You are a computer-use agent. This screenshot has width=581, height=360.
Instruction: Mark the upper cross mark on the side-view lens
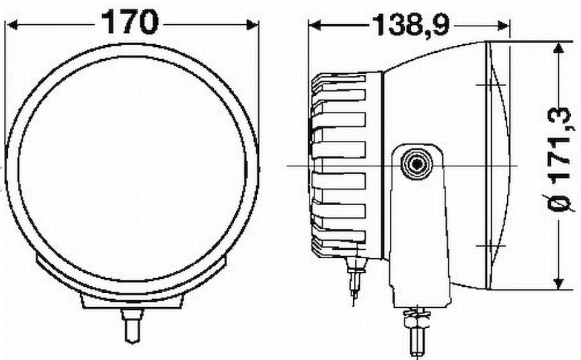pyautogui.click(x=491, y=84)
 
